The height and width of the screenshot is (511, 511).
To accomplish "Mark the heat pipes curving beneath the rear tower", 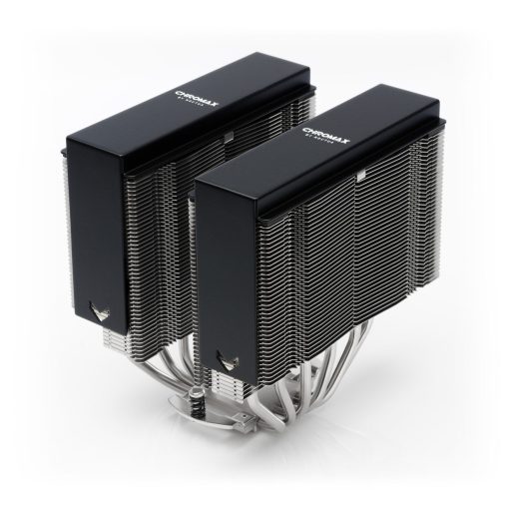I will coord(130,369).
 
